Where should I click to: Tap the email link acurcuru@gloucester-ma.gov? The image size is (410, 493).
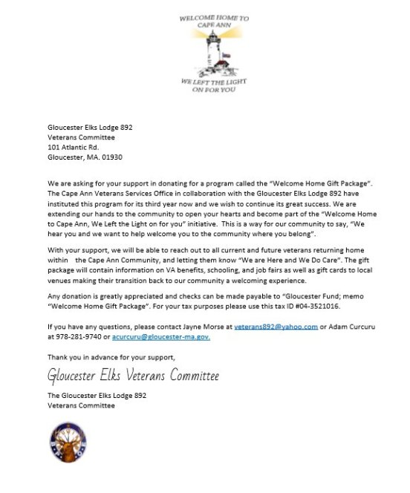(163, 337)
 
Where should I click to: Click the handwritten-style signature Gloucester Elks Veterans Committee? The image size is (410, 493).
(133, 376)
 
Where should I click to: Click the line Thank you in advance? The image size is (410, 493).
(111, 358)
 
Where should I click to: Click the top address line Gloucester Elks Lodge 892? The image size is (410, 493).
(90, 127)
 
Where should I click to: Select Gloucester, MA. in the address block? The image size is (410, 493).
(73, 157)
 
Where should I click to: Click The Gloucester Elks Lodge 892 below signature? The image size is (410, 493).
(97, 396)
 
